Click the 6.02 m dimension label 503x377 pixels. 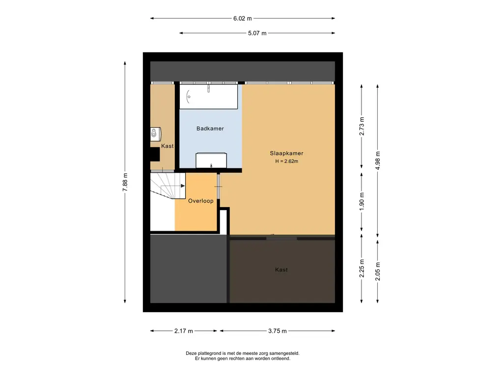coord(243,19)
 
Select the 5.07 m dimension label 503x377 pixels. coord(257,33)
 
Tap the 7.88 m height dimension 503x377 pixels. coord(125,182)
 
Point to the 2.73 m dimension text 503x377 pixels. coord(362,126)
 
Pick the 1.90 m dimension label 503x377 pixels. coord(362,202)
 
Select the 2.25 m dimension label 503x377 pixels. coord(362,268)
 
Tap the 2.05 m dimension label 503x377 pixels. coord(378,271)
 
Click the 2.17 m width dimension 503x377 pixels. coord(184,331)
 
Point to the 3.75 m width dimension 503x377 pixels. coord(278,331)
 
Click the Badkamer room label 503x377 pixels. coord(210,129)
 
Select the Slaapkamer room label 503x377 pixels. coord(286,153)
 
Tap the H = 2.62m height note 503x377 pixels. coord(286,161)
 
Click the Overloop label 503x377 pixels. coord(200,201)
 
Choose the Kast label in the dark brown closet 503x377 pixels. coord(281,269)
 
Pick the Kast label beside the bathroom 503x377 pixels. coord(167,146)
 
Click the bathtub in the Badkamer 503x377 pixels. coord(208,97)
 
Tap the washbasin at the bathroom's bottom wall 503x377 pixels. coord(211,161)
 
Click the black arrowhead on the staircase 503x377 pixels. coord(183,186)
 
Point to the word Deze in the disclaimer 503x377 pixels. coord(191,353)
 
